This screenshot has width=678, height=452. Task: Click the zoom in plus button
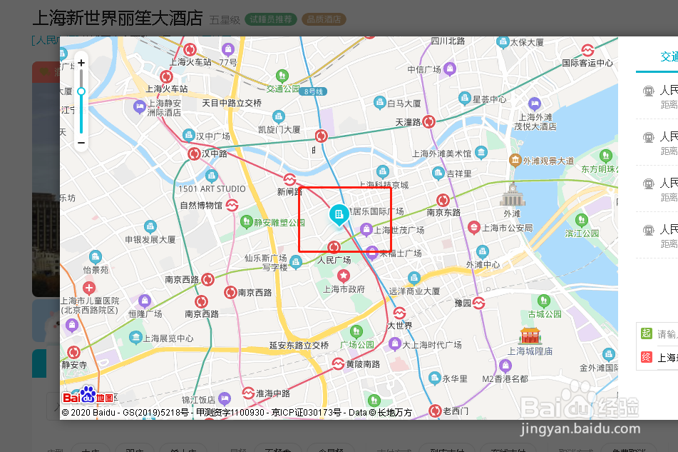click(x=81, y=63)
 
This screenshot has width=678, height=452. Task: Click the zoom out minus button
click(x=81, y=143)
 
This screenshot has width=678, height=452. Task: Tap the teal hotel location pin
click(x=339, y=215)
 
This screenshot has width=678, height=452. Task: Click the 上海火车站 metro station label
click(x=167, y=89)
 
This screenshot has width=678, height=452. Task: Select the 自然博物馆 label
click(x=202, y=206)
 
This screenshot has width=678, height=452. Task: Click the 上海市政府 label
click(x=344, y=289)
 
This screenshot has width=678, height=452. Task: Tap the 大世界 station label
click(x=400, y=326)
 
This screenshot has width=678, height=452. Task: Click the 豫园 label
click(x=463, y=303)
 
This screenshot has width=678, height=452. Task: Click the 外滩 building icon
click(x=512, y=194)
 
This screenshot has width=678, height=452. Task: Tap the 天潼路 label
click(x=409, y=122)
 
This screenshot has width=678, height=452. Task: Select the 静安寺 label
click(x=73, y=364)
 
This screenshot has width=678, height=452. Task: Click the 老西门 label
click(x=456, y=411)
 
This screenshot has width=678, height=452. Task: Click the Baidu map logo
click(x=88, y=396)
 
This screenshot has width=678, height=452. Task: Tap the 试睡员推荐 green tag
click(x=271, y=19)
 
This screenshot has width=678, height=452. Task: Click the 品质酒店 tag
click(x=324, y=19)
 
